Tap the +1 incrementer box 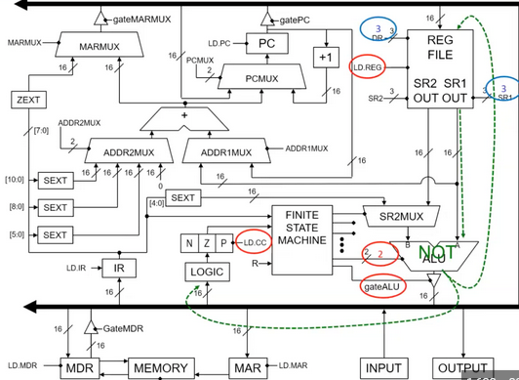tap(325, 57)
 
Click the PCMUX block tap(256, 76)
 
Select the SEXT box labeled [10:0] tap(56, 181)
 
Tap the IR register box tap(118, 267)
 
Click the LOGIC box tap(209, 273)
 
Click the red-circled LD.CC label tap(254, 241)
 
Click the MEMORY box tap(161, 368)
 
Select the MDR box tap(79, 368)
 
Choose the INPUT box tap(383, 368)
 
